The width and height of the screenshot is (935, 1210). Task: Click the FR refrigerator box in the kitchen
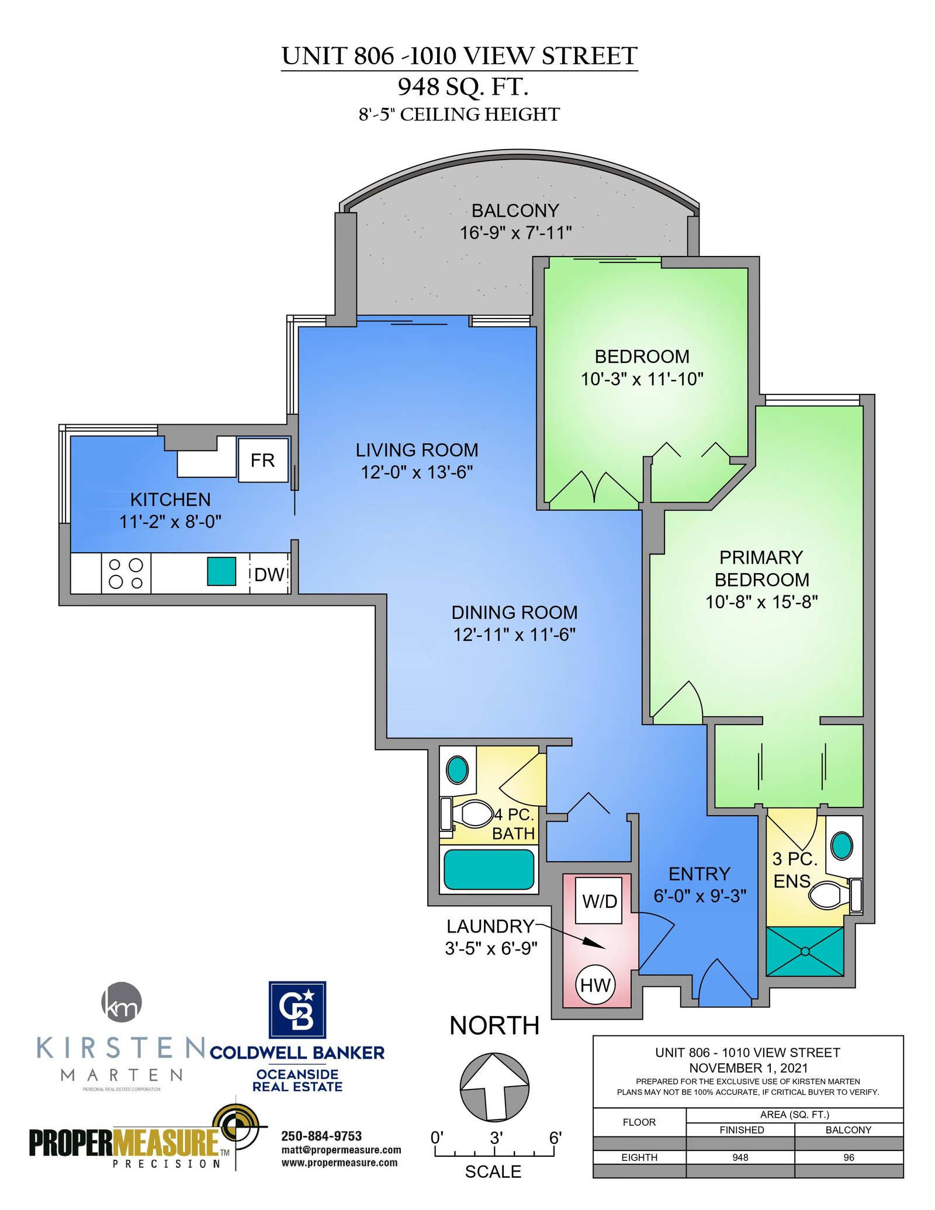click(263, 460)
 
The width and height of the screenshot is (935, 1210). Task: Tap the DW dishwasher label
click(269, 574)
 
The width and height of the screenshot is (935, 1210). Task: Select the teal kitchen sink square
click(221, 571)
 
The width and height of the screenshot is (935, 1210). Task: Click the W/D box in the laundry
click(599, 901)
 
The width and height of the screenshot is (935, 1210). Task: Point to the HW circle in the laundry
click(595, 985)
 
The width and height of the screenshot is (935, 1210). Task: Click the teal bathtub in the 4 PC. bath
click(489, 869)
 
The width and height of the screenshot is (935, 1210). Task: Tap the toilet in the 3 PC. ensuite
click(835, 895)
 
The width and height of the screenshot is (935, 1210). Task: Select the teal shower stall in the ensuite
click(805, 951)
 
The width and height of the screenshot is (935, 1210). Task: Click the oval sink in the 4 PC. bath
click(457, 769)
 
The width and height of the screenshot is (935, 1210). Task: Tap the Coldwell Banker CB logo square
click(297, 1009)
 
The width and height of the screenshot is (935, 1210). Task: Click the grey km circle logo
click(122, 1002)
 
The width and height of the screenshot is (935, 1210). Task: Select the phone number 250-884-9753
click(321, 1136)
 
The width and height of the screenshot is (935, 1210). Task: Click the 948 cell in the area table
click(740, 1157)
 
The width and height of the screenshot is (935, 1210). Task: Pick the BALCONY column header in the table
click(848, 1130)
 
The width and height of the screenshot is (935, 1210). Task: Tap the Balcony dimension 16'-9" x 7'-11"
click(515, 233)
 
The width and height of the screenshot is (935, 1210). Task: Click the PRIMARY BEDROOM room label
click(761, 568)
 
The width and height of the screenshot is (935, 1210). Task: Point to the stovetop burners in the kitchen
click(126, 573)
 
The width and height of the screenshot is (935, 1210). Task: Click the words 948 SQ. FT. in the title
click(463, 86)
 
